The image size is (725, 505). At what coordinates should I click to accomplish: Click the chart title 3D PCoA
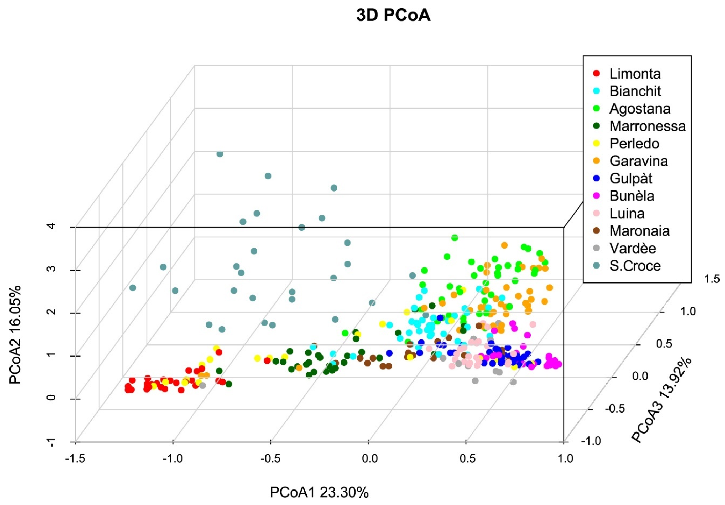393,16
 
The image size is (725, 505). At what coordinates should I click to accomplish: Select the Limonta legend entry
635,74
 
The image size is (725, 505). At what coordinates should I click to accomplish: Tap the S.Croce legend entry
635,266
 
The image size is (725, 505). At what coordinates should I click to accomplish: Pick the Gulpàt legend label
630,179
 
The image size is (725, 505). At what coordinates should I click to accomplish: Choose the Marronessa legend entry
647,126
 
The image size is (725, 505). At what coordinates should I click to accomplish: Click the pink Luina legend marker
596,214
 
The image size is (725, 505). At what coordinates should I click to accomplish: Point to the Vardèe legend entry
633,248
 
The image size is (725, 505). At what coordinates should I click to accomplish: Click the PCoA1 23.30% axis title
319,492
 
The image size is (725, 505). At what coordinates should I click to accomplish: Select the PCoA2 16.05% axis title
15,335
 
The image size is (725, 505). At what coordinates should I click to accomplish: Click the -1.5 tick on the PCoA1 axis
75,458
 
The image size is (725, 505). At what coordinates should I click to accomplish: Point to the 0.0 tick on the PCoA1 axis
369,458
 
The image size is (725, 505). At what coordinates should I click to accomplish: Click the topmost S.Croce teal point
220,154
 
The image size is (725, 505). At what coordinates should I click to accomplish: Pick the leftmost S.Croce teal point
133,288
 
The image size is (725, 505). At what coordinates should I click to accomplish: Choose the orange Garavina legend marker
596,161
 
